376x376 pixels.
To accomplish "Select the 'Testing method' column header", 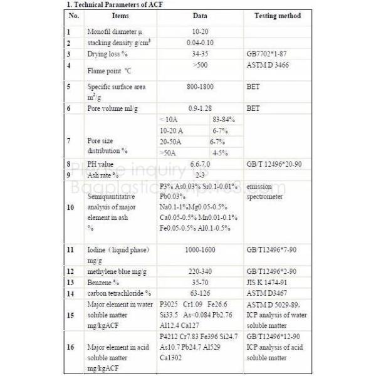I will point(278,16).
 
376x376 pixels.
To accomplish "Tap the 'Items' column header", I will point(120,16).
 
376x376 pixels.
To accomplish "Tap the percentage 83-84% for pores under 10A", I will point(224,119).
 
